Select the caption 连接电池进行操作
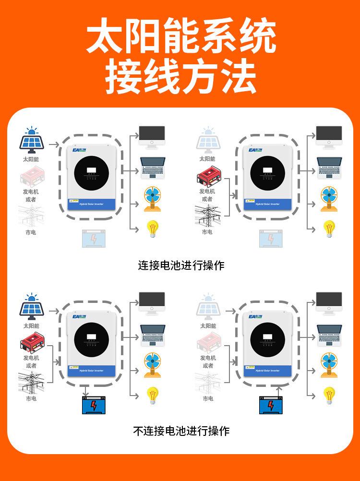181,265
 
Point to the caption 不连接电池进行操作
181,431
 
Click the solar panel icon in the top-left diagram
32,140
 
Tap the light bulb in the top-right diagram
329,228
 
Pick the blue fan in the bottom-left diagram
152,363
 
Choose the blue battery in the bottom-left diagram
94,405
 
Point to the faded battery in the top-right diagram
271,238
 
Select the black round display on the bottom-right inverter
267,337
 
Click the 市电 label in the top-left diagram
30,232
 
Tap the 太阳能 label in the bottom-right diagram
208,325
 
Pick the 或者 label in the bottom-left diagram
31,365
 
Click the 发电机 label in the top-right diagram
207,191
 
